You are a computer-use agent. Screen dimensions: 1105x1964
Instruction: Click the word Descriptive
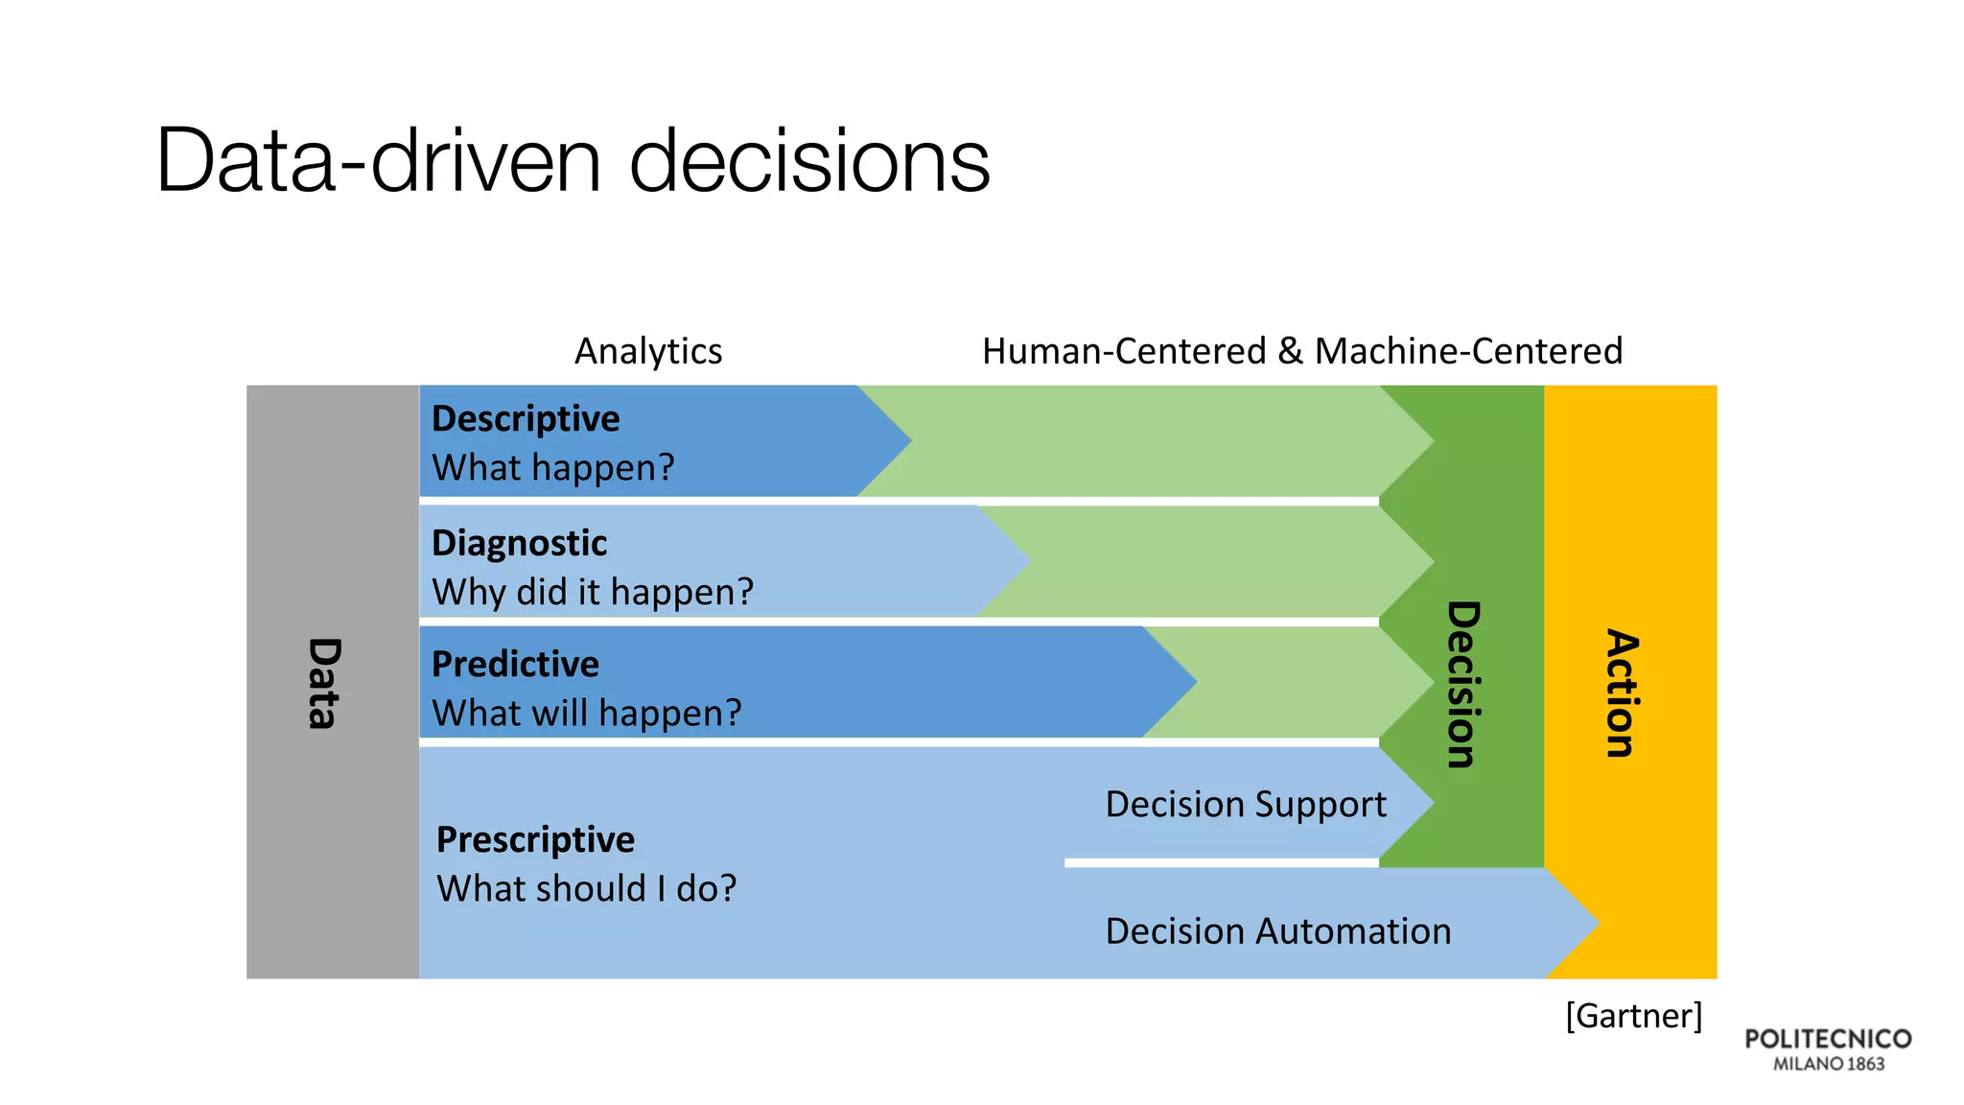526,419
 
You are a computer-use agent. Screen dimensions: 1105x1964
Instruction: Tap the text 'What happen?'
553,468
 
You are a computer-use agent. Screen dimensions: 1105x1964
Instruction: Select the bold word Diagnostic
519,543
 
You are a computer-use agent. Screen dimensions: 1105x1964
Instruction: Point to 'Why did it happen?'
593,592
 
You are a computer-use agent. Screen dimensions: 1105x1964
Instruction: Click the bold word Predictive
515,664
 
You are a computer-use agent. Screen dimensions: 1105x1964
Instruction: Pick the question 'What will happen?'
587,713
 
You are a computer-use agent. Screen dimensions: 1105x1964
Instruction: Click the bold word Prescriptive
535,839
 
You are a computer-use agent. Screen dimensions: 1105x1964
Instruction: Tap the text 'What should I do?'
586,888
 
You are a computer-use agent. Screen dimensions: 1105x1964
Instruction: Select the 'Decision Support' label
1246,804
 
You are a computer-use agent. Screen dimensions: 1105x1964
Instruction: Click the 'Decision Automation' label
1277,931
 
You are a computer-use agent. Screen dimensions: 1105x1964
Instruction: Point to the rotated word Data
324,683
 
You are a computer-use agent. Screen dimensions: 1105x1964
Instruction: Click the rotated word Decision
1463,684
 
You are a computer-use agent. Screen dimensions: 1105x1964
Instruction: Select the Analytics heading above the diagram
648,351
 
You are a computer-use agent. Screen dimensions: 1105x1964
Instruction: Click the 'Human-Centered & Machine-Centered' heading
1301,351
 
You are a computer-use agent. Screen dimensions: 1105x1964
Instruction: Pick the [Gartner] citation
1633,1015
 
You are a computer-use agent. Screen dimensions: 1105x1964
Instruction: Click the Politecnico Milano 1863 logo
1828,1049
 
